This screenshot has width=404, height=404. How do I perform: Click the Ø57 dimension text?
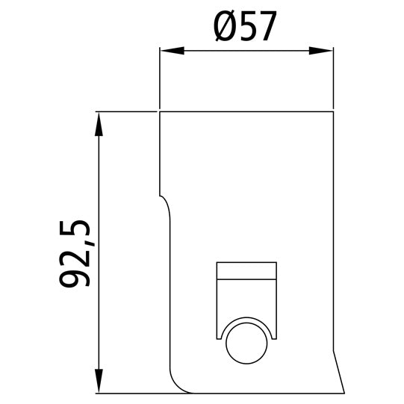click(246, 27)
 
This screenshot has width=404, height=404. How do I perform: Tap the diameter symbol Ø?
click(225, 27)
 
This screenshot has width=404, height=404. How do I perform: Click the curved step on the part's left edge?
click(167, 203)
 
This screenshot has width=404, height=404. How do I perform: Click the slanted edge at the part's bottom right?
click(338, 373)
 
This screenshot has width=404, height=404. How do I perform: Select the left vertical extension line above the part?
click(160, 78)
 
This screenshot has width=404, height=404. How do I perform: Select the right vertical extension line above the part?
click(333, 78)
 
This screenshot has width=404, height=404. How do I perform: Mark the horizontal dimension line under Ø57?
click(246, 51)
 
